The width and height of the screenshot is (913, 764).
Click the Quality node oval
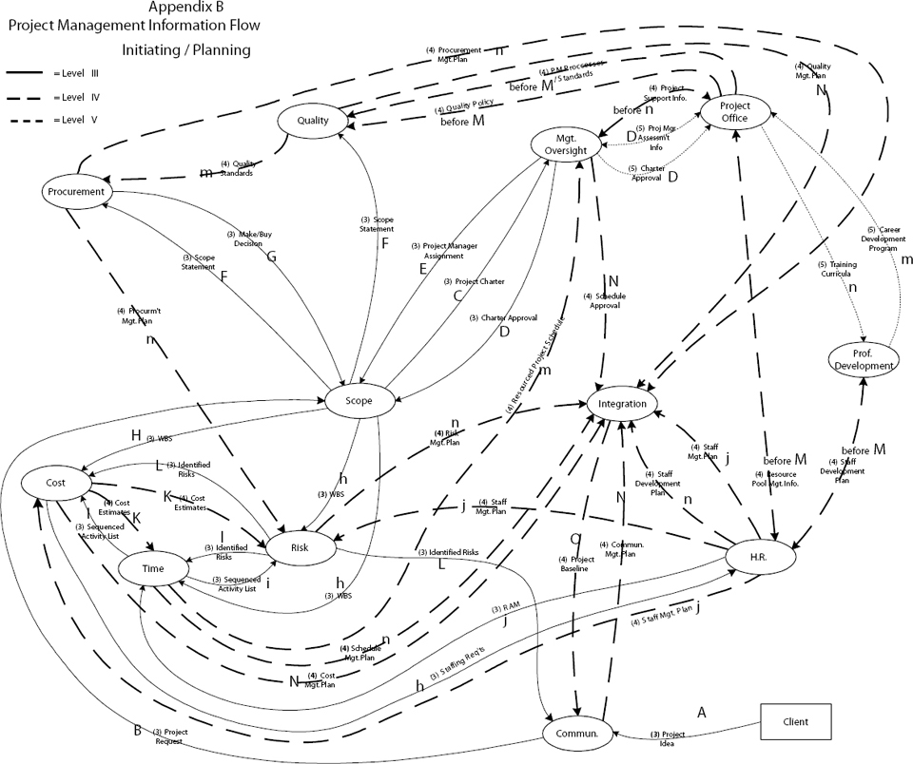[313, 121]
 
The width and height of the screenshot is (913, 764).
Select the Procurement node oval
[73, 192]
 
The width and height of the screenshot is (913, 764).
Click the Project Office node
[736, 111]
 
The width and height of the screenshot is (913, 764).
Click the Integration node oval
[623, 404]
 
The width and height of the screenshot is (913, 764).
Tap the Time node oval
[152, 568]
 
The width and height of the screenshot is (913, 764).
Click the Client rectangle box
[794, 721]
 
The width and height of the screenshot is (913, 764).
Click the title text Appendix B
[186, 8]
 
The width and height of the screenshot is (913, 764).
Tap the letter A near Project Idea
[702, 711]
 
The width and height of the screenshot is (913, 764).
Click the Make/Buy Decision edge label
[243, 239]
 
